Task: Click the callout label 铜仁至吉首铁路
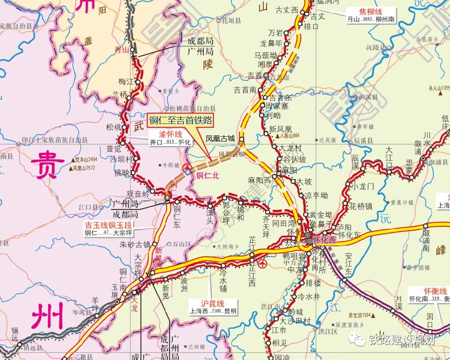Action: (180, 120)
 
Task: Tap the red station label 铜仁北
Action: (207, 174)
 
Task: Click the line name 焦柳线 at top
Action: (370, 12)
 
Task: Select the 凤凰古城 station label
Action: (220, 138)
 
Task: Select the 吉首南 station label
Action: (245, 90)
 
